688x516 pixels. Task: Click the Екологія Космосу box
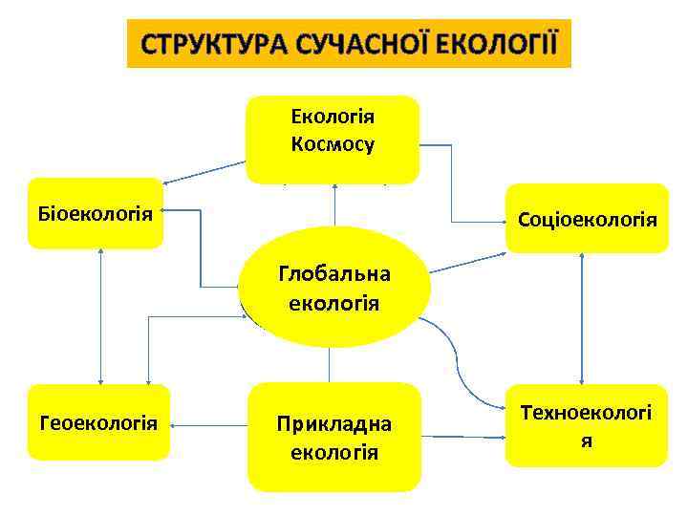pos(333,139)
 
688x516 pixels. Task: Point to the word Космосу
pos(333,145)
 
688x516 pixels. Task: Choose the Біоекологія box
pos(95,212)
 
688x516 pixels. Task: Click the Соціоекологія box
pos(587,219)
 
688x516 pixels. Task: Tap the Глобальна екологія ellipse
pos(329,288)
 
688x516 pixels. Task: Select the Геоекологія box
pos(98,421)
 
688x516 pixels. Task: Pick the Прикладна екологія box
pos(333,437)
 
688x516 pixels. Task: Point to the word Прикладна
pos(333,423)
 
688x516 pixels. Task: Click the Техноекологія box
pos(587,425)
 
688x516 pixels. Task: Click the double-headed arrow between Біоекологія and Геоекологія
pos(100,315)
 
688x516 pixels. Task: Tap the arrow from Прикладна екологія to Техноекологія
pos(463,438)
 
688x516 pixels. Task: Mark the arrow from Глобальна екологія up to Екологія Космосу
pos(334,205)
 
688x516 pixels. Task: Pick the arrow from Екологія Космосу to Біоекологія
pos(205,172)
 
